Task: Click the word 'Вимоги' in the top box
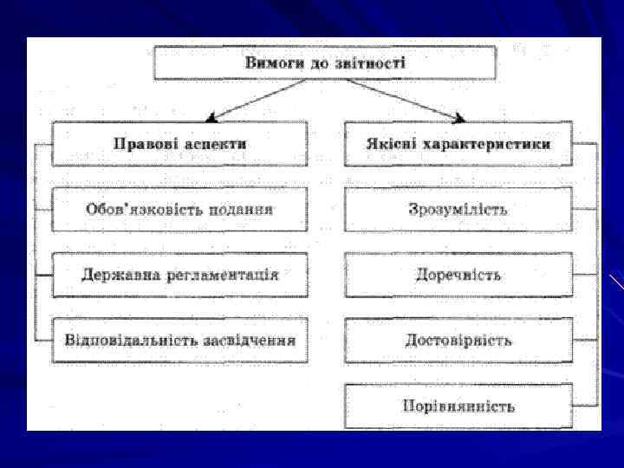point(272,62)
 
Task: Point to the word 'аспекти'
point(214,144)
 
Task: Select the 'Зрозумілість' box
point(458,209)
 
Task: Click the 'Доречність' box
point(458,275)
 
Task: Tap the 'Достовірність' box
point(458,340)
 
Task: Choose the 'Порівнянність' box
point(458,406)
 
